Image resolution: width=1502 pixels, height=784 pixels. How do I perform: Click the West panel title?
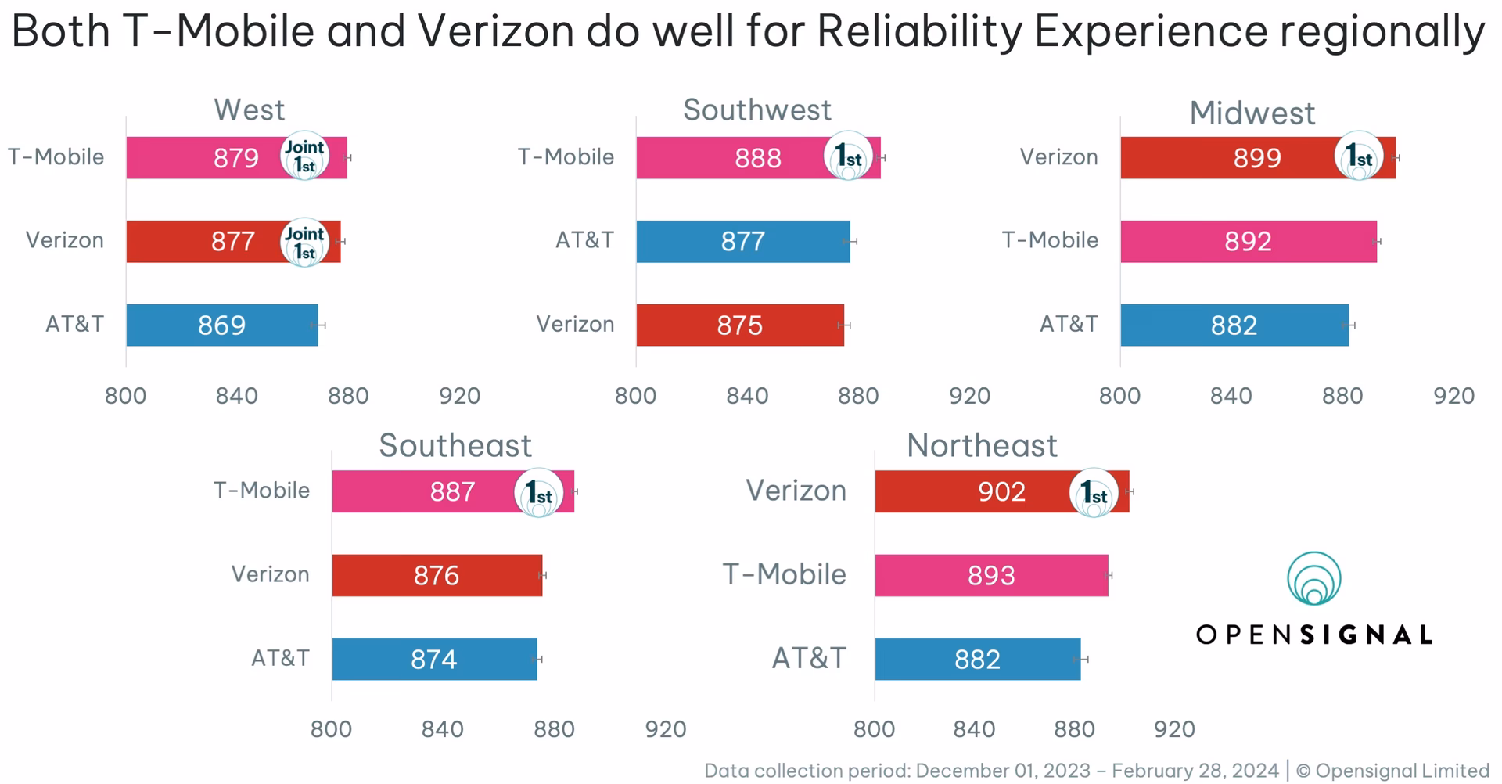[x=249, y=110]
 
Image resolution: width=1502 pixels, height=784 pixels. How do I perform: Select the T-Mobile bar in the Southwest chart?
[x=728, y=158]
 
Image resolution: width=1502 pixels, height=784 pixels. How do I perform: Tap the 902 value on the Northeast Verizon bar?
[x=1001, y=492]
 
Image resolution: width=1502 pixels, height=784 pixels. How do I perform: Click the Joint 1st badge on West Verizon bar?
[x=304, y=243]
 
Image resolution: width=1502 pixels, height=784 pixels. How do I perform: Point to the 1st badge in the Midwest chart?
[x=1359, y=156]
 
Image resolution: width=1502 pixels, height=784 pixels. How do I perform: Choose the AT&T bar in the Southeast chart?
[x=434, y=660]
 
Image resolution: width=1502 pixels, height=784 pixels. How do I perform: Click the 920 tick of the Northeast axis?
[x=1174, y=729]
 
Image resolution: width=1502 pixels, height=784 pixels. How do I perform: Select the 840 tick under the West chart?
[x=236, y=396]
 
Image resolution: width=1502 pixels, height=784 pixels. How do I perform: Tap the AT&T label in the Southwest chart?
[x=584, y=240]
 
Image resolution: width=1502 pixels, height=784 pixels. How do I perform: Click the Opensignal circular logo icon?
[x=1314, y=579]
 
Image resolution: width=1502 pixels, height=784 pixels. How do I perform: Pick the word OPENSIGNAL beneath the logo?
[x=1314, y=635]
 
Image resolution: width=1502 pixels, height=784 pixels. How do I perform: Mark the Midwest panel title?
[x=1252, y=113]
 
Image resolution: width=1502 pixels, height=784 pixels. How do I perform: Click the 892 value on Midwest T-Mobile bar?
[x=1248, y=242]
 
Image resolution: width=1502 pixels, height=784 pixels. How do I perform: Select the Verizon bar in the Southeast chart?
[x=437, y=576]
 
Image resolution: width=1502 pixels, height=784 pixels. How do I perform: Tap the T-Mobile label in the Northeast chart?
[x=784, y=574]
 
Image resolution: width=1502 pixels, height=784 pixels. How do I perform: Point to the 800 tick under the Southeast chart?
[x=331, y=729]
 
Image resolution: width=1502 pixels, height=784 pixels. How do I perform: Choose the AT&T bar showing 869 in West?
[x=221, y=325]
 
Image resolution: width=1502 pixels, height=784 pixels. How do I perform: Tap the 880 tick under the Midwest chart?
[x=1342, y=396]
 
